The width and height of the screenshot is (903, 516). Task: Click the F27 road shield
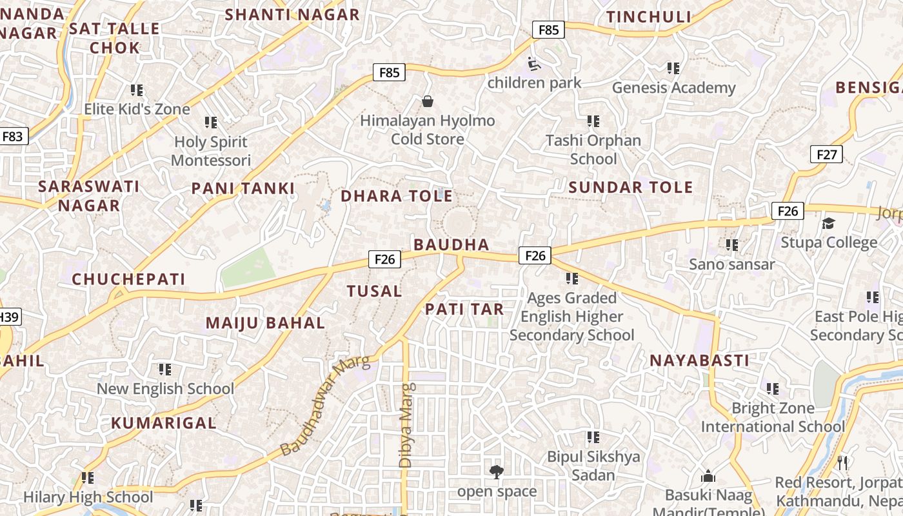tap(826, 154)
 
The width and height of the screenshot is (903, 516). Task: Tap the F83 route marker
tap(12, 136)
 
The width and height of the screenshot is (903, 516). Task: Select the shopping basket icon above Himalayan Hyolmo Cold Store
tap(427, 101)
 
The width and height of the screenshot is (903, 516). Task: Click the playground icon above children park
tap(534, 63)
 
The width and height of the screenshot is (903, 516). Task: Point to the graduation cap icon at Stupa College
tap(828, 223)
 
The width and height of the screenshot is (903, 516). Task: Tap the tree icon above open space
tap(496, 472)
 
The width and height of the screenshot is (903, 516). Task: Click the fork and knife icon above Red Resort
tap(842, 462)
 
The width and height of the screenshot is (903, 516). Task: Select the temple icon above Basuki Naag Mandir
tap(708, 476)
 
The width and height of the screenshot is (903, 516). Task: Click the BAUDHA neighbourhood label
tap(451, 244)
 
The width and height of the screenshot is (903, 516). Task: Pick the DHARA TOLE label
tap(397, 196)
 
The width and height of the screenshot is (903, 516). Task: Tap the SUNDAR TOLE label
tap(631, 188)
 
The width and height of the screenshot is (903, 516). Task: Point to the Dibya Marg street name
tap(406, 426)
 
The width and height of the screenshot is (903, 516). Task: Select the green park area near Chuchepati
tap(248, 269)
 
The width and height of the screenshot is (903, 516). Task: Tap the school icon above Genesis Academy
tap(673, 68)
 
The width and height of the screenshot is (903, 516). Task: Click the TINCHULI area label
tap(648, 17)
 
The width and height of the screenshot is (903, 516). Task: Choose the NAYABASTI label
tap(699, 361)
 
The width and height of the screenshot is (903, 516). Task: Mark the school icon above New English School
tap(165, 370)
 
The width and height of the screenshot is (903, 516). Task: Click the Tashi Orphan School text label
tap(593, 150)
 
